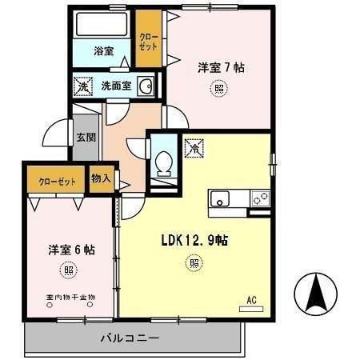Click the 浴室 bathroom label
(x=104, y=51)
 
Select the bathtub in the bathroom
(x=102, y=25)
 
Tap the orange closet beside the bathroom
(x=148, y=41)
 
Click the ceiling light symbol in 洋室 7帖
(x=218, y=90)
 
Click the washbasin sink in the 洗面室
(x=146, y=86)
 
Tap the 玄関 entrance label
(x=86, y=136)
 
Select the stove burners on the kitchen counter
(x=260, y=199)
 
